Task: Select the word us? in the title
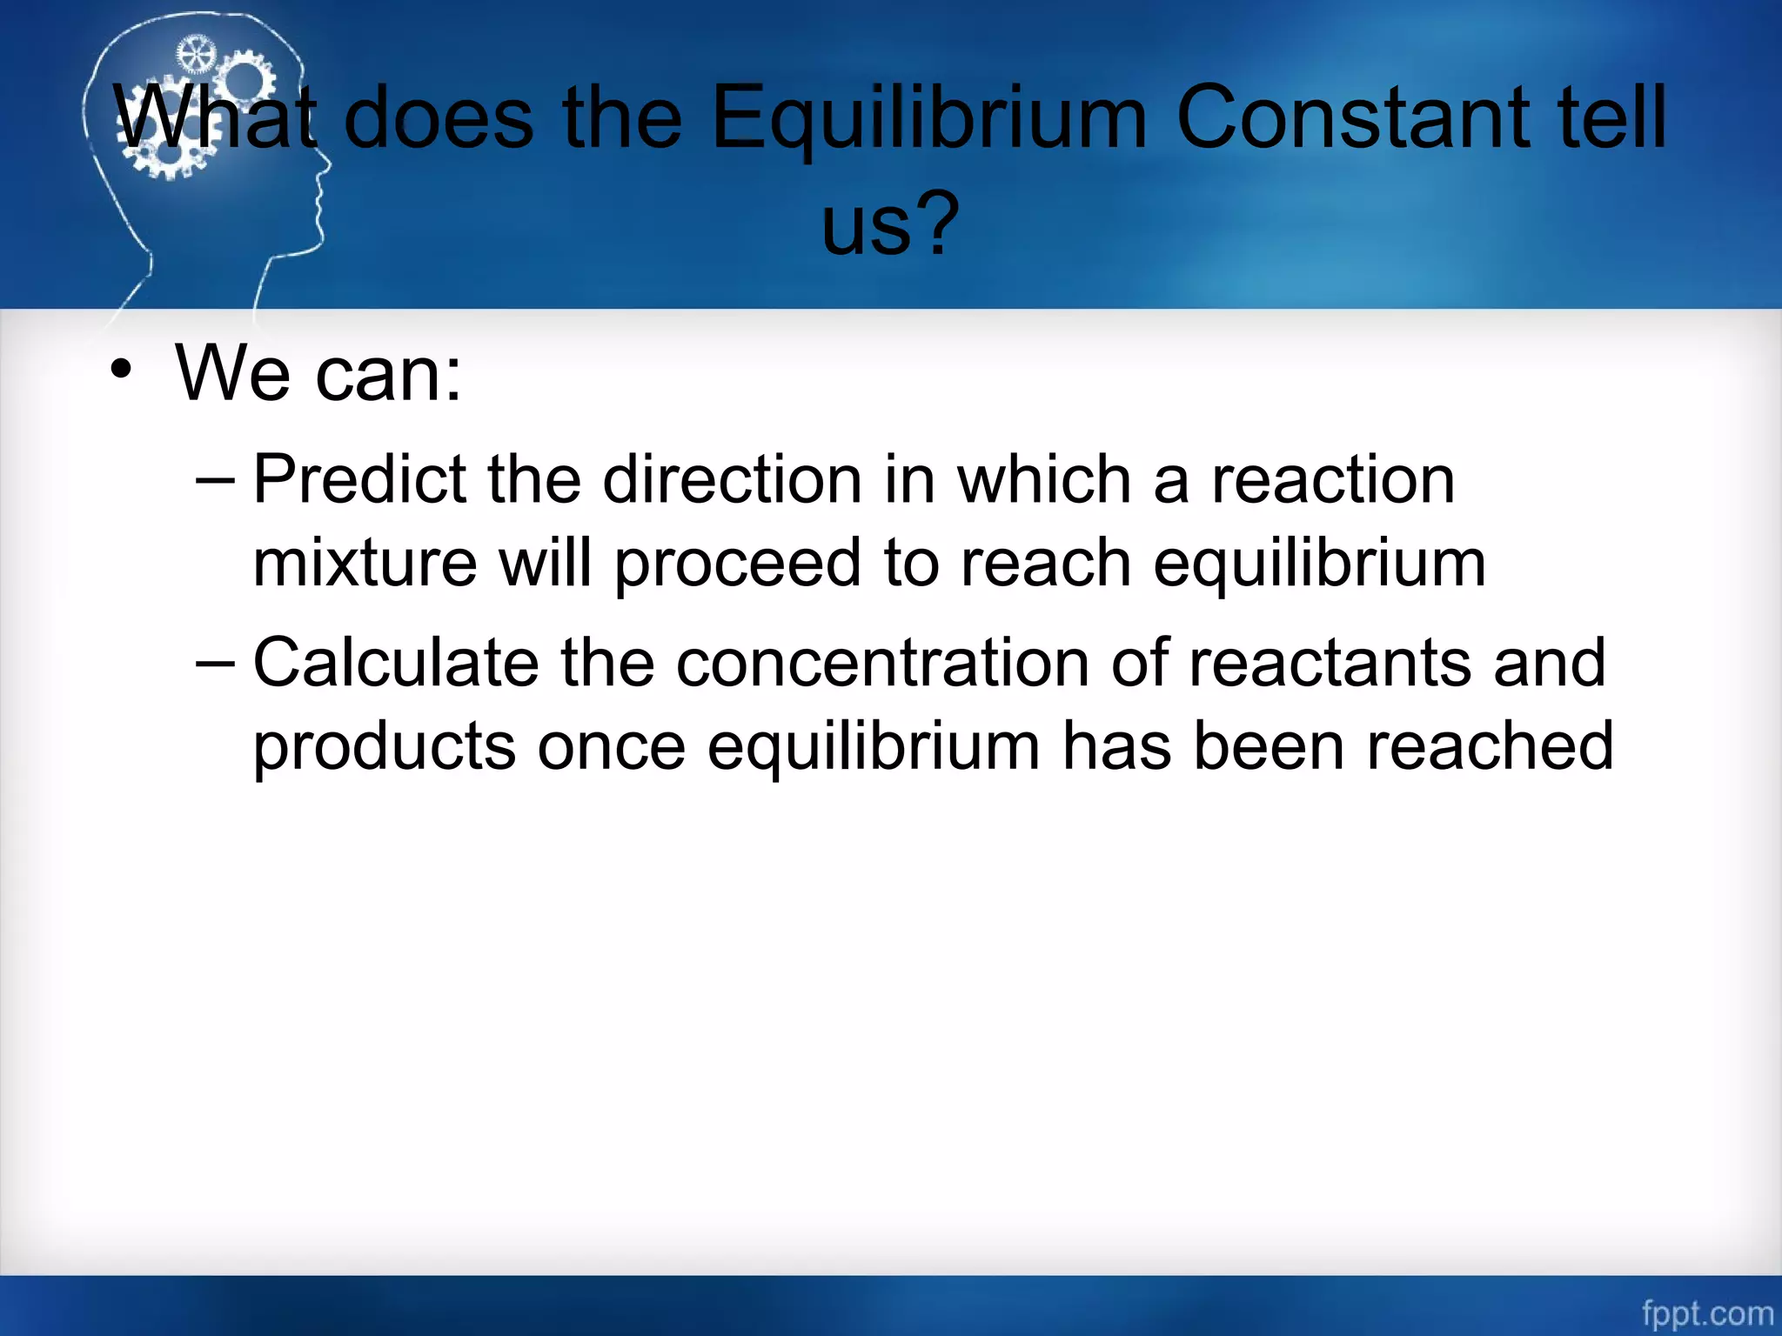tap(890, 224)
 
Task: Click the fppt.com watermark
tap(1706, 1313)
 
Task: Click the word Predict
tap(359, 479)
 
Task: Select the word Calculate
tap(396, 663)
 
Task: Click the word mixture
tap(365, 563)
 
